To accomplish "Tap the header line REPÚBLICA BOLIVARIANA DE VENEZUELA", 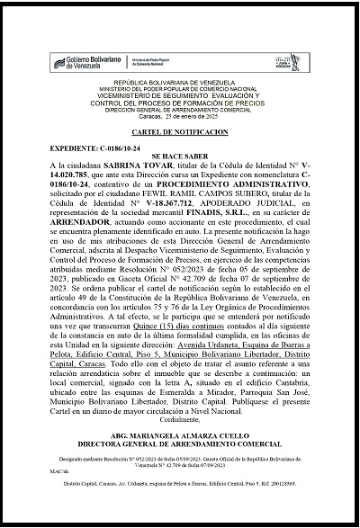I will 181,93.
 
